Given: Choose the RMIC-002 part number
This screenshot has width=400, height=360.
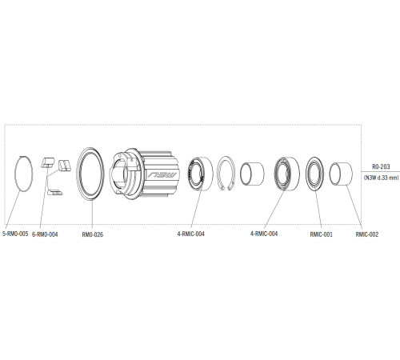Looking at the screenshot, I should (366, 234).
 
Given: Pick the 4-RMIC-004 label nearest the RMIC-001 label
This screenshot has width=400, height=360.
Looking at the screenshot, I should (263, 234).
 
